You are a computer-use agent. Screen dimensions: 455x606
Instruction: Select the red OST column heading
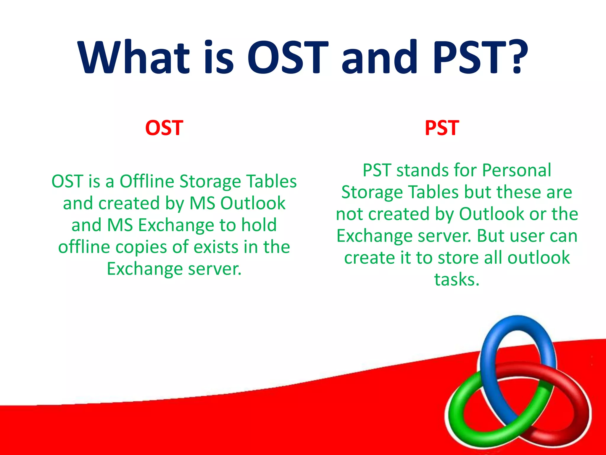[x=164, y=128]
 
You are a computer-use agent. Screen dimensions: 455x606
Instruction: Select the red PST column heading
[x=442, y=128]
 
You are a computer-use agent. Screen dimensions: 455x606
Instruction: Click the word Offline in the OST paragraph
[x=147, y=181]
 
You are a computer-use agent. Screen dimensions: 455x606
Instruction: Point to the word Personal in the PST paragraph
[x=516, y=170]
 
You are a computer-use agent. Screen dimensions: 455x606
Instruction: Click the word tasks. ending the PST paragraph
[x=457, y=280]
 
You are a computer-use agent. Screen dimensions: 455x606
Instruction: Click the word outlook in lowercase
[x=539, y=258]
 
